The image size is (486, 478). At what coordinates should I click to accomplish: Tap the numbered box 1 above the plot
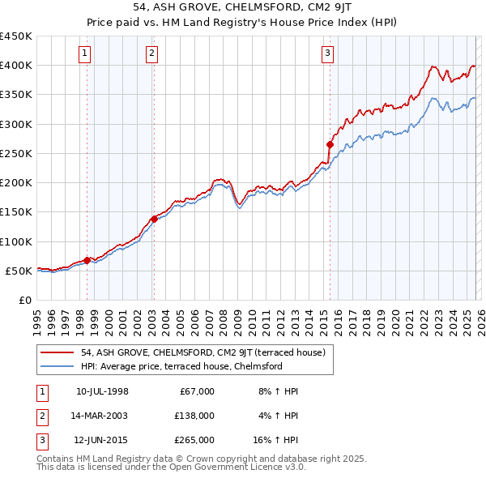86,54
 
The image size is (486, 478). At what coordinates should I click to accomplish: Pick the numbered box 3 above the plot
327,54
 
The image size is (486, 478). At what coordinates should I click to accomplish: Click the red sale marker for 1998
87,260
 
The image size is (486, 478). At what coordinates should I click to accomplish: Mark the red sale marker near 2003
154,218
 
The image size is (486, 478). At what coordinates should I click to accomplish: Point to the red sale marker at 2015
330,144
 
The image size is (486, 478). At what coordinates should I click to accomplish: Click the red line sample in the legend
58,352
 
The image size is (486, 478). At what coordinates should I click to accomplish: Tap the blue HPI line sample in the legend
58,366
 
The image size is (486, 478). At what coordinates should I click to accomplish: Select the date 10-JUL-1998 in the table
102,391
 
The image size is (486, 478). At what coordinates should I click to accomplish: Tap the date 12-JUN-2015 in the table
102,440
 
